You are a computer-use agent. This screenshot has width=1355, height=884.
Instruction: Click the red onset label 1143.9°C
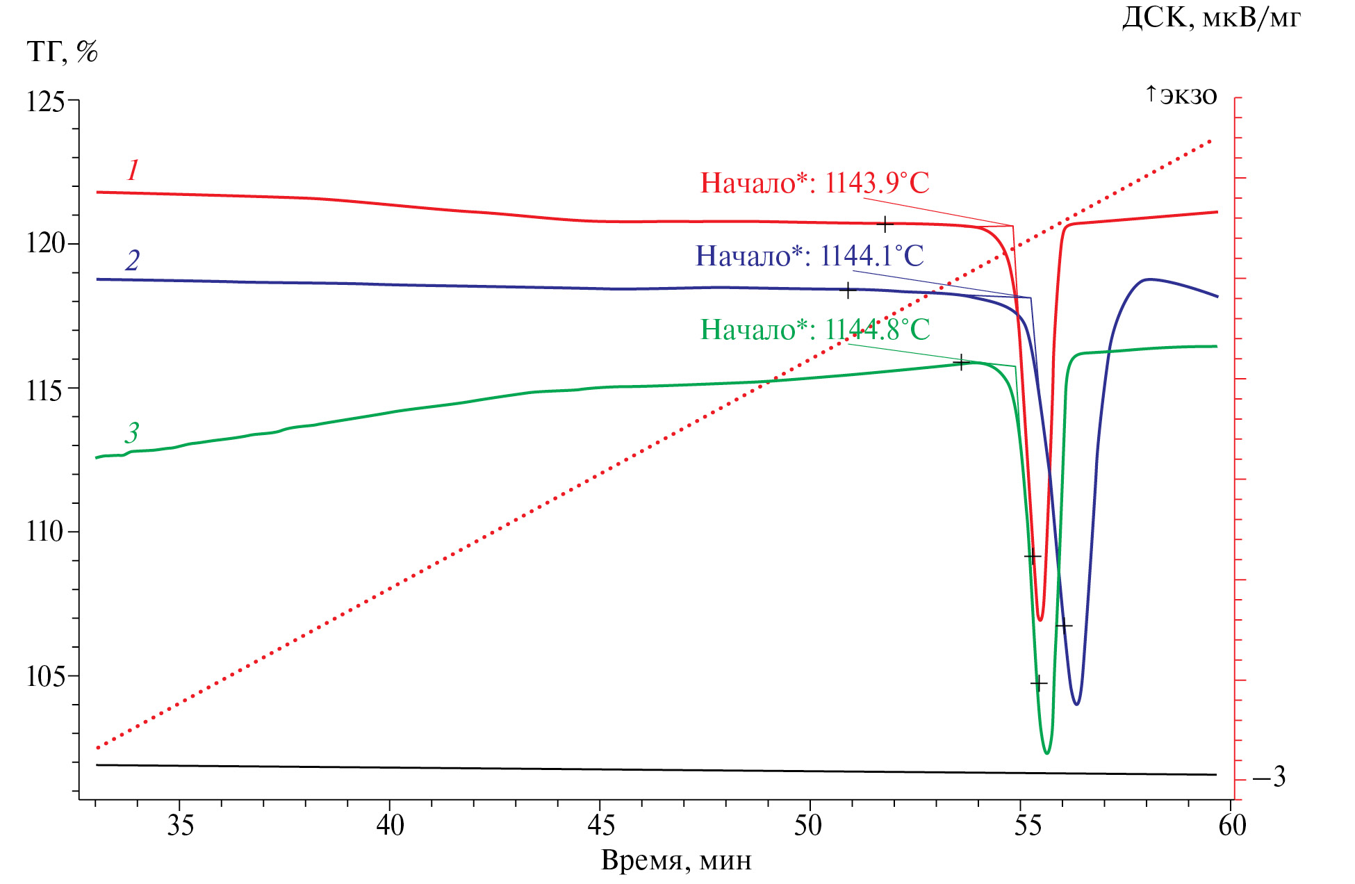(x=814, y=183)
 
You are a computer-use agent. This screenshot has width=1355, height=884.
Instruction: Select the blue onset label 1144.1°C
(x=810, y=256)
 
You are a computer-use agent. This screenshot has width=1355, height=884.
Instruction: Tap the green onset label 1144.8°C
(x=815, y=329)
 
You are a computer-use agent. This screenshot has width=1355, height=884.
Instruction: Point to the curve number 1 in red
(x=133, y=170)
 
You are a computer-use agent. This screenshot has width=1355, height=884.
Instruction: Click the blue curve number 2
(x=133, y=260)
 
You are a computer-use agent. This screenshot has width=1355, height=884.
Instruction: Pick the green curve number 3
(x=132, y=433)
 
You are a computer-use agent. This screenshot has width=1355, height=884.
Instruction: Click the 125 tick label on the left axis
(x=45, y=102)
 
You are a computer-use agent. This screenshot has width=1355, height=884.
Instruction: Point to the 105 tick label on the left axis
(x=45, y=676)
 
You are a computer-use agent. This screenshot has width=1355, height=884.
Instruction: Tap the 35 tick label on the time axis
(x=180, y=826)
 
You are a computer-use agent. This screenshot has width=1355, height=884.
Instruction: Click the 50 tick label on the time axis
(x=809, y=826)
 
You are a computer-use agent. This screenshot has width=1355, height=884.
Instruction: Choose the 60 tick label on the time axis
(x=1232, y=826)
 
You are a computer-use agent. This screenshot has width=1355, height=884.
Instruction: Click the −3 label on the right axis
(x=1269, y=776)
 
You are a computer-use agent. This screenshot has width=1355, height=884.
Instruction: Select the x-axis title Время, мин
(x=676, y=860)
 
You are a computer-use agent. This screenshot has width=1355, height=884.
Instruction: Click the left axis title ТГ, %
(x=63, y=51)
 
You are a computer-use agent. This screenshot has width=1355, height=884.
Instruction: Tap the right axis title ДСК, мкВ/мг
(x=1211, y=17)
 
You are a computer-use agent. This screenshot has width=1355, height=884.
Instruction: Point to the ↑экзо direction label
(x=1181, y=95)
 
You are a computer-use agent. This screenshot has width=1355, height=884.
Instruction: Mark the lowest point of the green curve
(x=1046, y=753)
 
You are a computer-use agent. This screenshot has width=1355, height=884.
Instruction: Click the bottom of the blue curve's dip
(x=1076, y=704)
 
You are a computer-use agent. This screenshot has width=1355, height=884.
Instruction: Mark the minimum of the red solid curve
(x=1040, y=619)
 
